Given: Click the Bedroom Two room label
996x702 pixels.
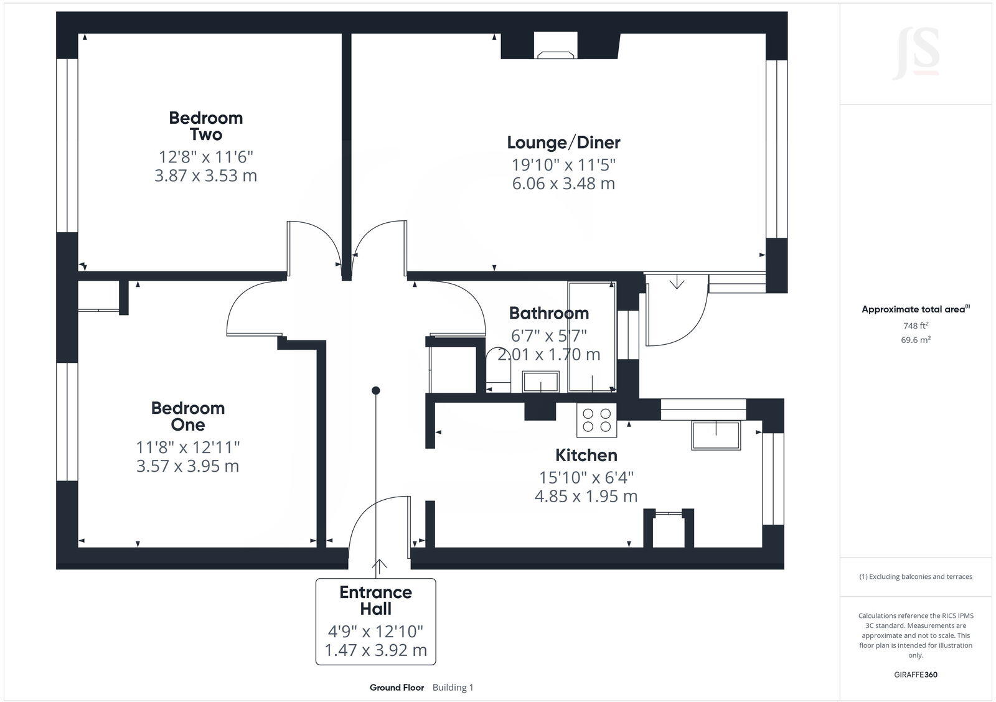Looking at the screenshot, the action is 205,126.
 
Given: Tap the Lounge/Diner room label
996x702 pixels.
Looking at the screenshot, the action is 563,143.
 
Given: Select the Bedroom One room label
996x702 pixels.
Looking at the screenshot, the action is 187,416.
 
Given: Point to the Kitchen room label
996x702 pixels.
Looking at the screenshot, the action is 586,456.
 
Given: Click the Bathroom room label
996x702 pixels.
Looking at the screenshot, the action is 548,313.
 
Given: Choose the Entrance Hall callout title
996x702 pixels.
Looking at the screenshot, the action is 375,601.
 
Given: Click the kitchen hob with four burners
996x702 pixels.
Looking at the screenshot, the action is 596,419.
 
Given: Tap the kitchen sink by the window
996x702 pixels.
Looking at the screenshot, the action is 716,434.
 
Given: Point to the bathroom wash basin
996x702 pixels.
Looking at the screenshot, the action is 540,381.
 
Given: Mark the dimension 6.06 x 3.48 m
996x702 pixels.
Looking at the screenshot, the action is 563,184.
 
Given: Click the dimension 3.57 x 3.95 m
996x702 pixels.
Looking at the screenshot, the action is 187,466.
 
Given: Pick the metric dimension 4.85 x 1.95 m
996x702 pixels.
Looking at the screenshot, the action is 586,497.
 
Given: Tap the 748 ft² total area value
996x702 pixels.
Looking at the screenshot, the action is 916,325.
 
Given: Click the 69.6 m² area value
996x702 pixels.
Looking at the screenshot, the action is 916,340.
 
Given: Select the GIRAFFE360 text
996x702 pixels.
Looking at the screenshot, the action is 915,675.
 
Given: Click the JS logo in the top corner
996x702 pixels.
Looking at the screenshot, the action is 916,55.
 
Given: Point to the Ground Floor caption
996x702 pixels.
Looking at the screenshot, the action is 397,688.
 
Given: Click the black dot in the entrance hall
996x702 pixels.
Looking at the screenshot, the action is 376,391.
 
